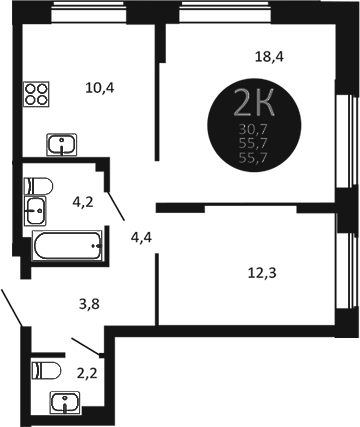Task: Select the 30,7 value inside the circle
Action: (251, 130)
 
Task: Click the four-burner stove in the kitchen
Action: (38, 93)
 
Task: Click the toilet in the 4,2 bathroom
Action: (37, 184)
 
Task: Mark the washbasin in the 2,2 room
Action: (66, 403)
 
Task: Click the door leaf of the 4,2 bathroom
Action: (115, 204)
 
